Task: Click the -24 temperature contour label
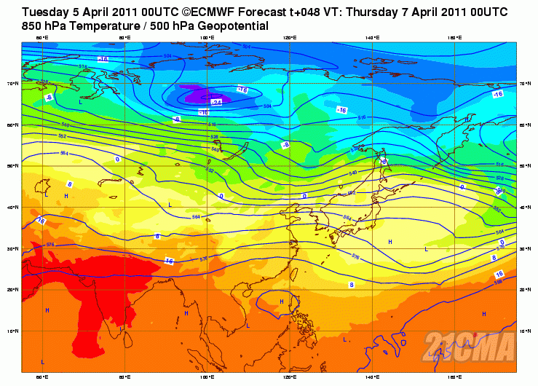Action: [215, 103]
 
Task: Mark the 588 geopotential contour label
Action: [498, 281]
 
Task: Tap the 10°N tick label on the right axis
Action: [523, 331]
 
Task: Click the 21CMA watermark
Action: [470, 345]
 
